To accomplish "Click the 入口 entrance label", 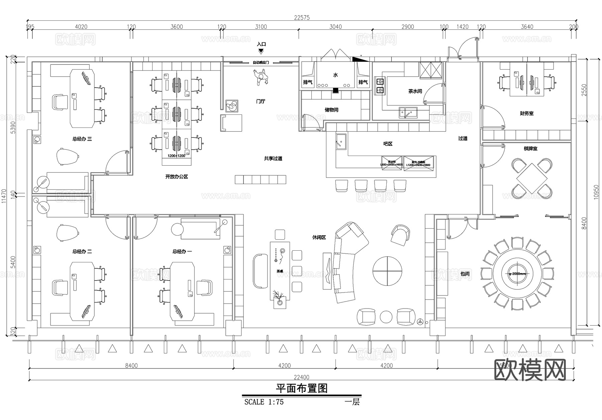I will coord(261,44).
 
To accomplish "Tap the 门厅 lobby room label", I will coord(261,101).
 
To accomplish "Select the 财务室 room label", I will coord(526,113).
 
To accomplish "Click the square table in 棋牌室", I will coord(531,178).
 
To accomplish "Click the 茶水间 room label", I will coord(415,91).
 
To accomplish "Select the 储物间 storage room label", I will coord(331,110).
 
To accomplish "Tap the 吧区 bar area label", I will coord(388,144).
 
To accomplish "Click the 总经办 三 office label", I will coord(82,139).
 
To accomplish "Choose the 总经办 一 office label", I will coord(182,251).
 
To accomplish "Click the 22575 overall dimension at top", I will coord(302,18).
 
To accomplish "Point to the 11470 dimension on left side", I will coord(4,196).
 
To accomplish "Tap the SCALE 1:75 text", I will coord(264,402).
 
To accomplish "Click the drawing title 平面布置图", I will coord(301,388).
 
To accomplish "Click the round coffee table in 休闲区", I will coord(387,271).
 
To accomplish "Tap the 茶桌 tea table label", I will coord(280,271).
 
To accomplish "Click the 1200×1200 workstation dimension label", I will coord(176,156).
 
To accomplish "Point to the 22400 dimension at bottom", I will coord(301,377).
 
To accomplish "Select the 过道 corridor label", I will coord(463,138).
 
